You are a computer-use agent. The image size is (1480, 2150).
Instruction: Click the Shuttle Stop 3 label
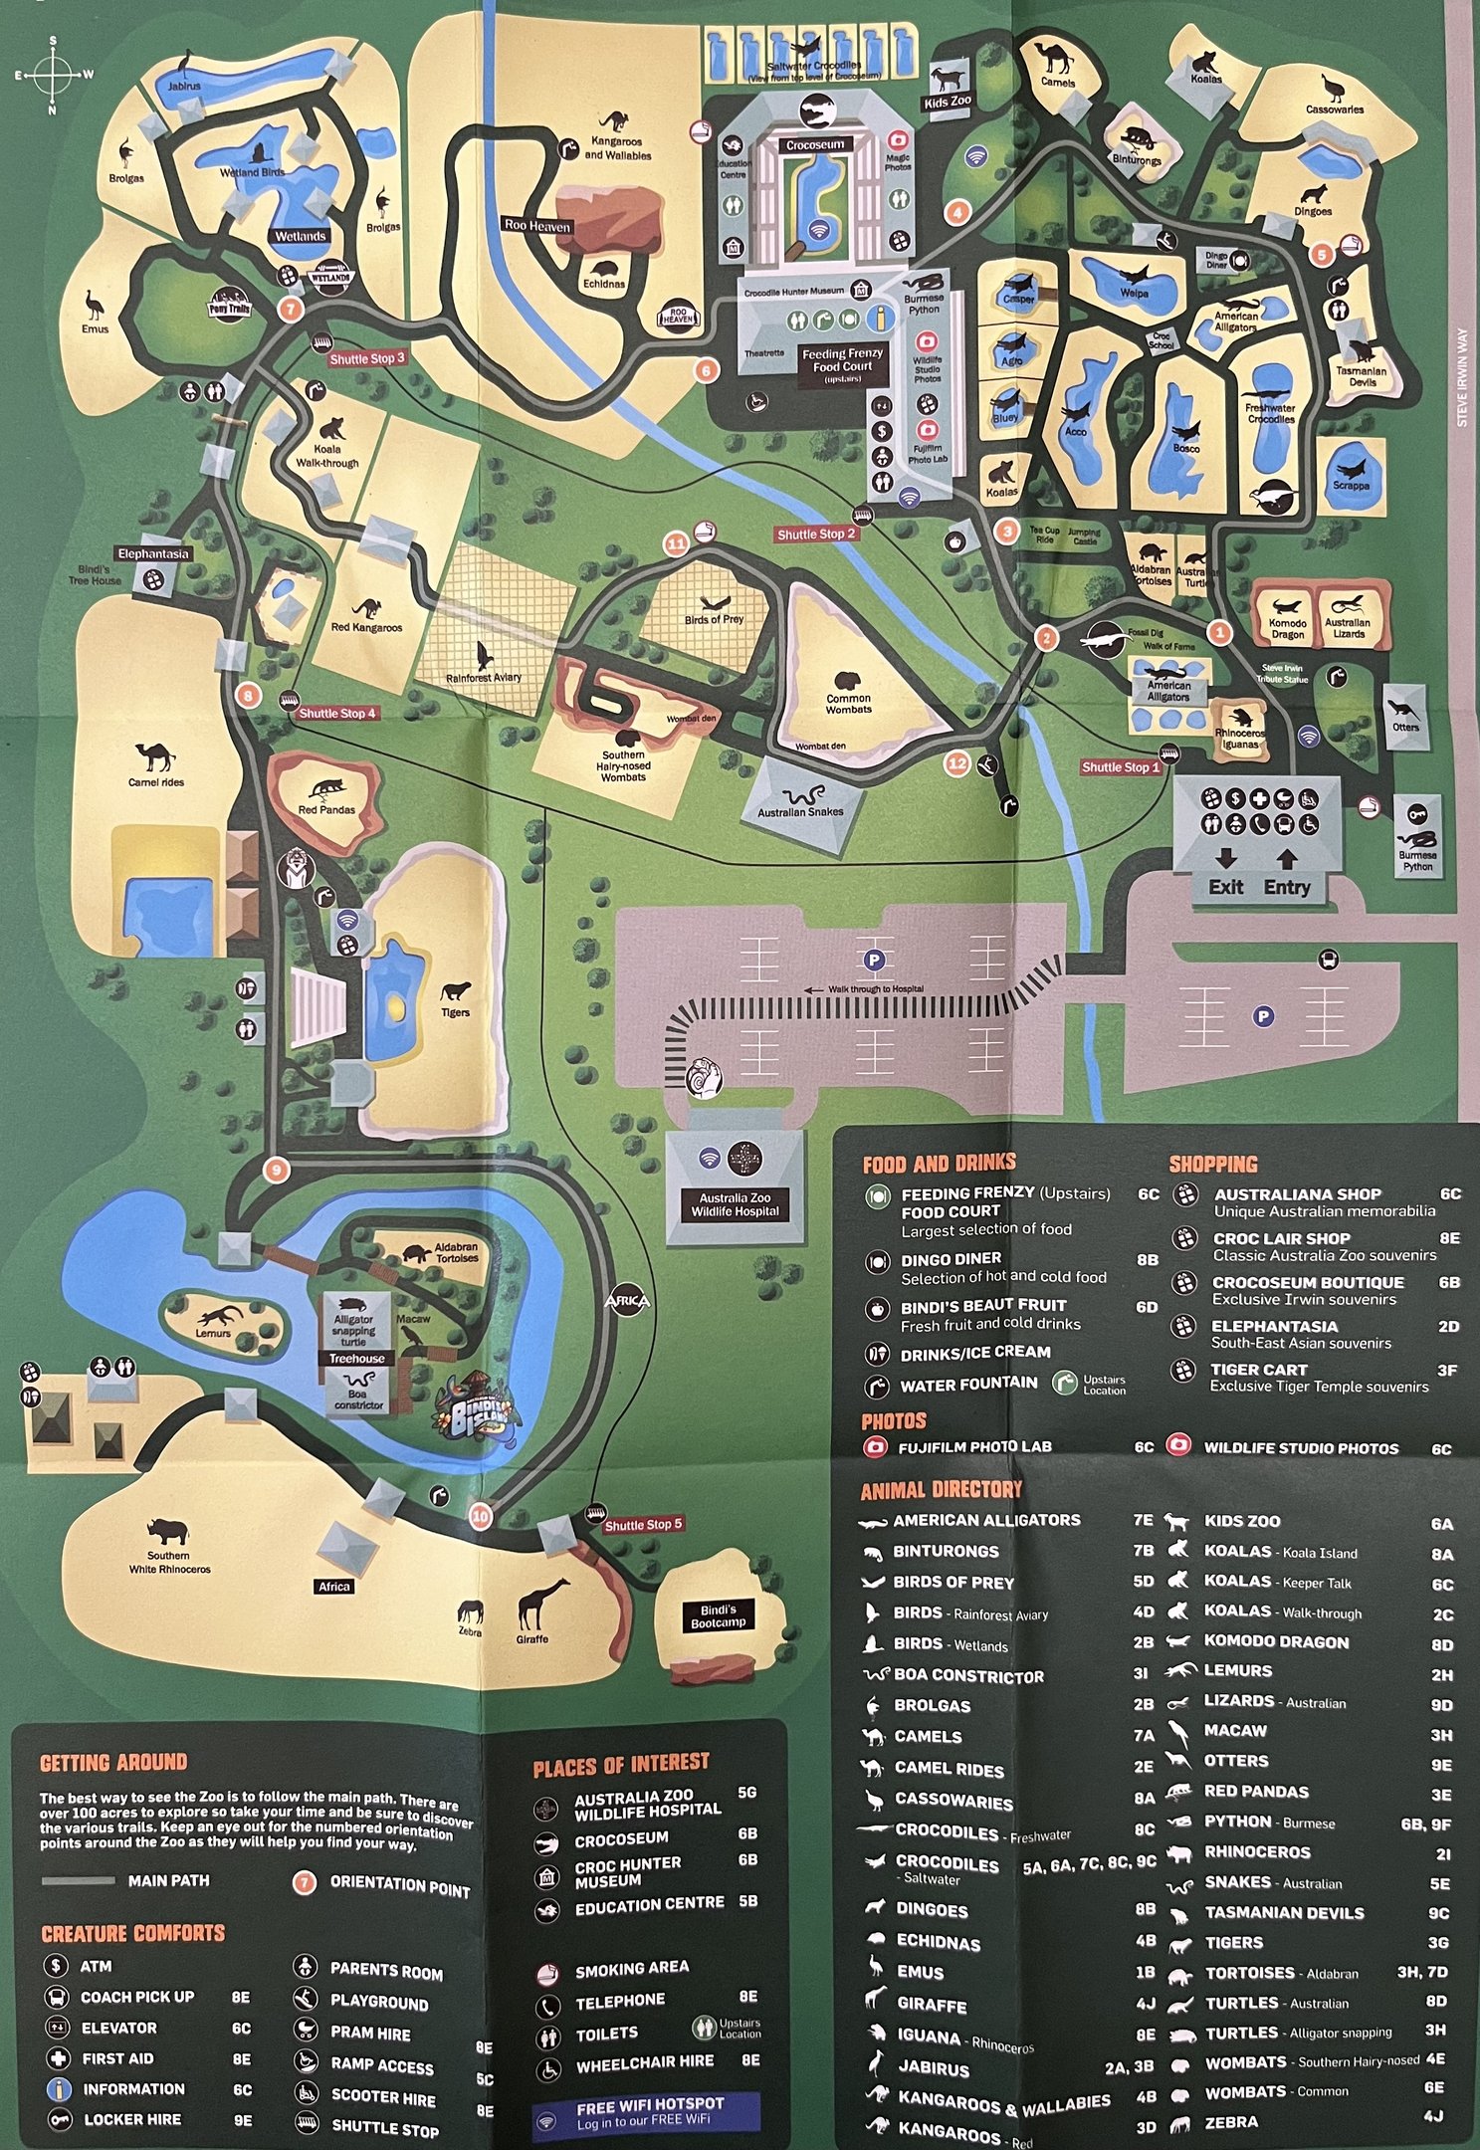pyautogui.click(x=367, y=358)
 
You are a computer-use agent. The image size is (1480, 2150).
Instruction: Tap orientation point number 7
pyautogui.click(x=290, y=309)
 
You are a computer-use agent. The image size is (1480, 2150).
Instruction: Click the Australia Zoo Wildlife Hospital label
pyautogui.click(x=735, y=1204)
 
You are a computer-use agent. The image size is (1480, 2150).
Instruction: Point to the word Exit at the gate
pyautogui.click(x=1225, y=886)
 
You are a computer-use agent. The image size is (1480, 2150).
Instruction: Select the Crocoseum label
pyautogui.click(x=814, y=145)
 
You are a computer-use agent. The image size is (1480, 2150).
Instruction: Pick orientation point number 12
pyautogui.click(x=956, y=763)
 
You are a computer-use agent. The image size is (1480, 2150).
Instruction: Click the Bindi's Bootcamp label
pyautogui.click(x=718, y=1615)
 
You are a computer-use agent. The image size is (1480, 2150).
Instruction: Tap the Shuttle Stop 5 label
pyautogui.click(x=643, y=1524)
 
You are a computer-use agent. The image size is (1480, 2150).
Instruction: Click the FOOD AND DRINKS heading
pyautogui.click(x=939, y=1163)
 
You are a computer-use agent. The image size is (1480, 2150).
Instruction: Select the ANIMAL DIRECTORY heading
pyautogui.click(x=941, y=1489)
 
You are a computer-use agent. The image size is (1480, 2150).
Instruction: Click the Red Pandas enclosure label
pyautogui.click(x=326, y=809)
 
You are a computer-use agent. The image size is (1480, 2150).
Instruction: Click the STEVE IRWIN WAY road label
pyautogui.click(x=1462, y=378)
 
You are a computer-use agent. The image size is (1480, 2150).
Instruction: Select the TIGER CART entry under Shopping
pyautogui.click(x=1258, y=1370)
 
